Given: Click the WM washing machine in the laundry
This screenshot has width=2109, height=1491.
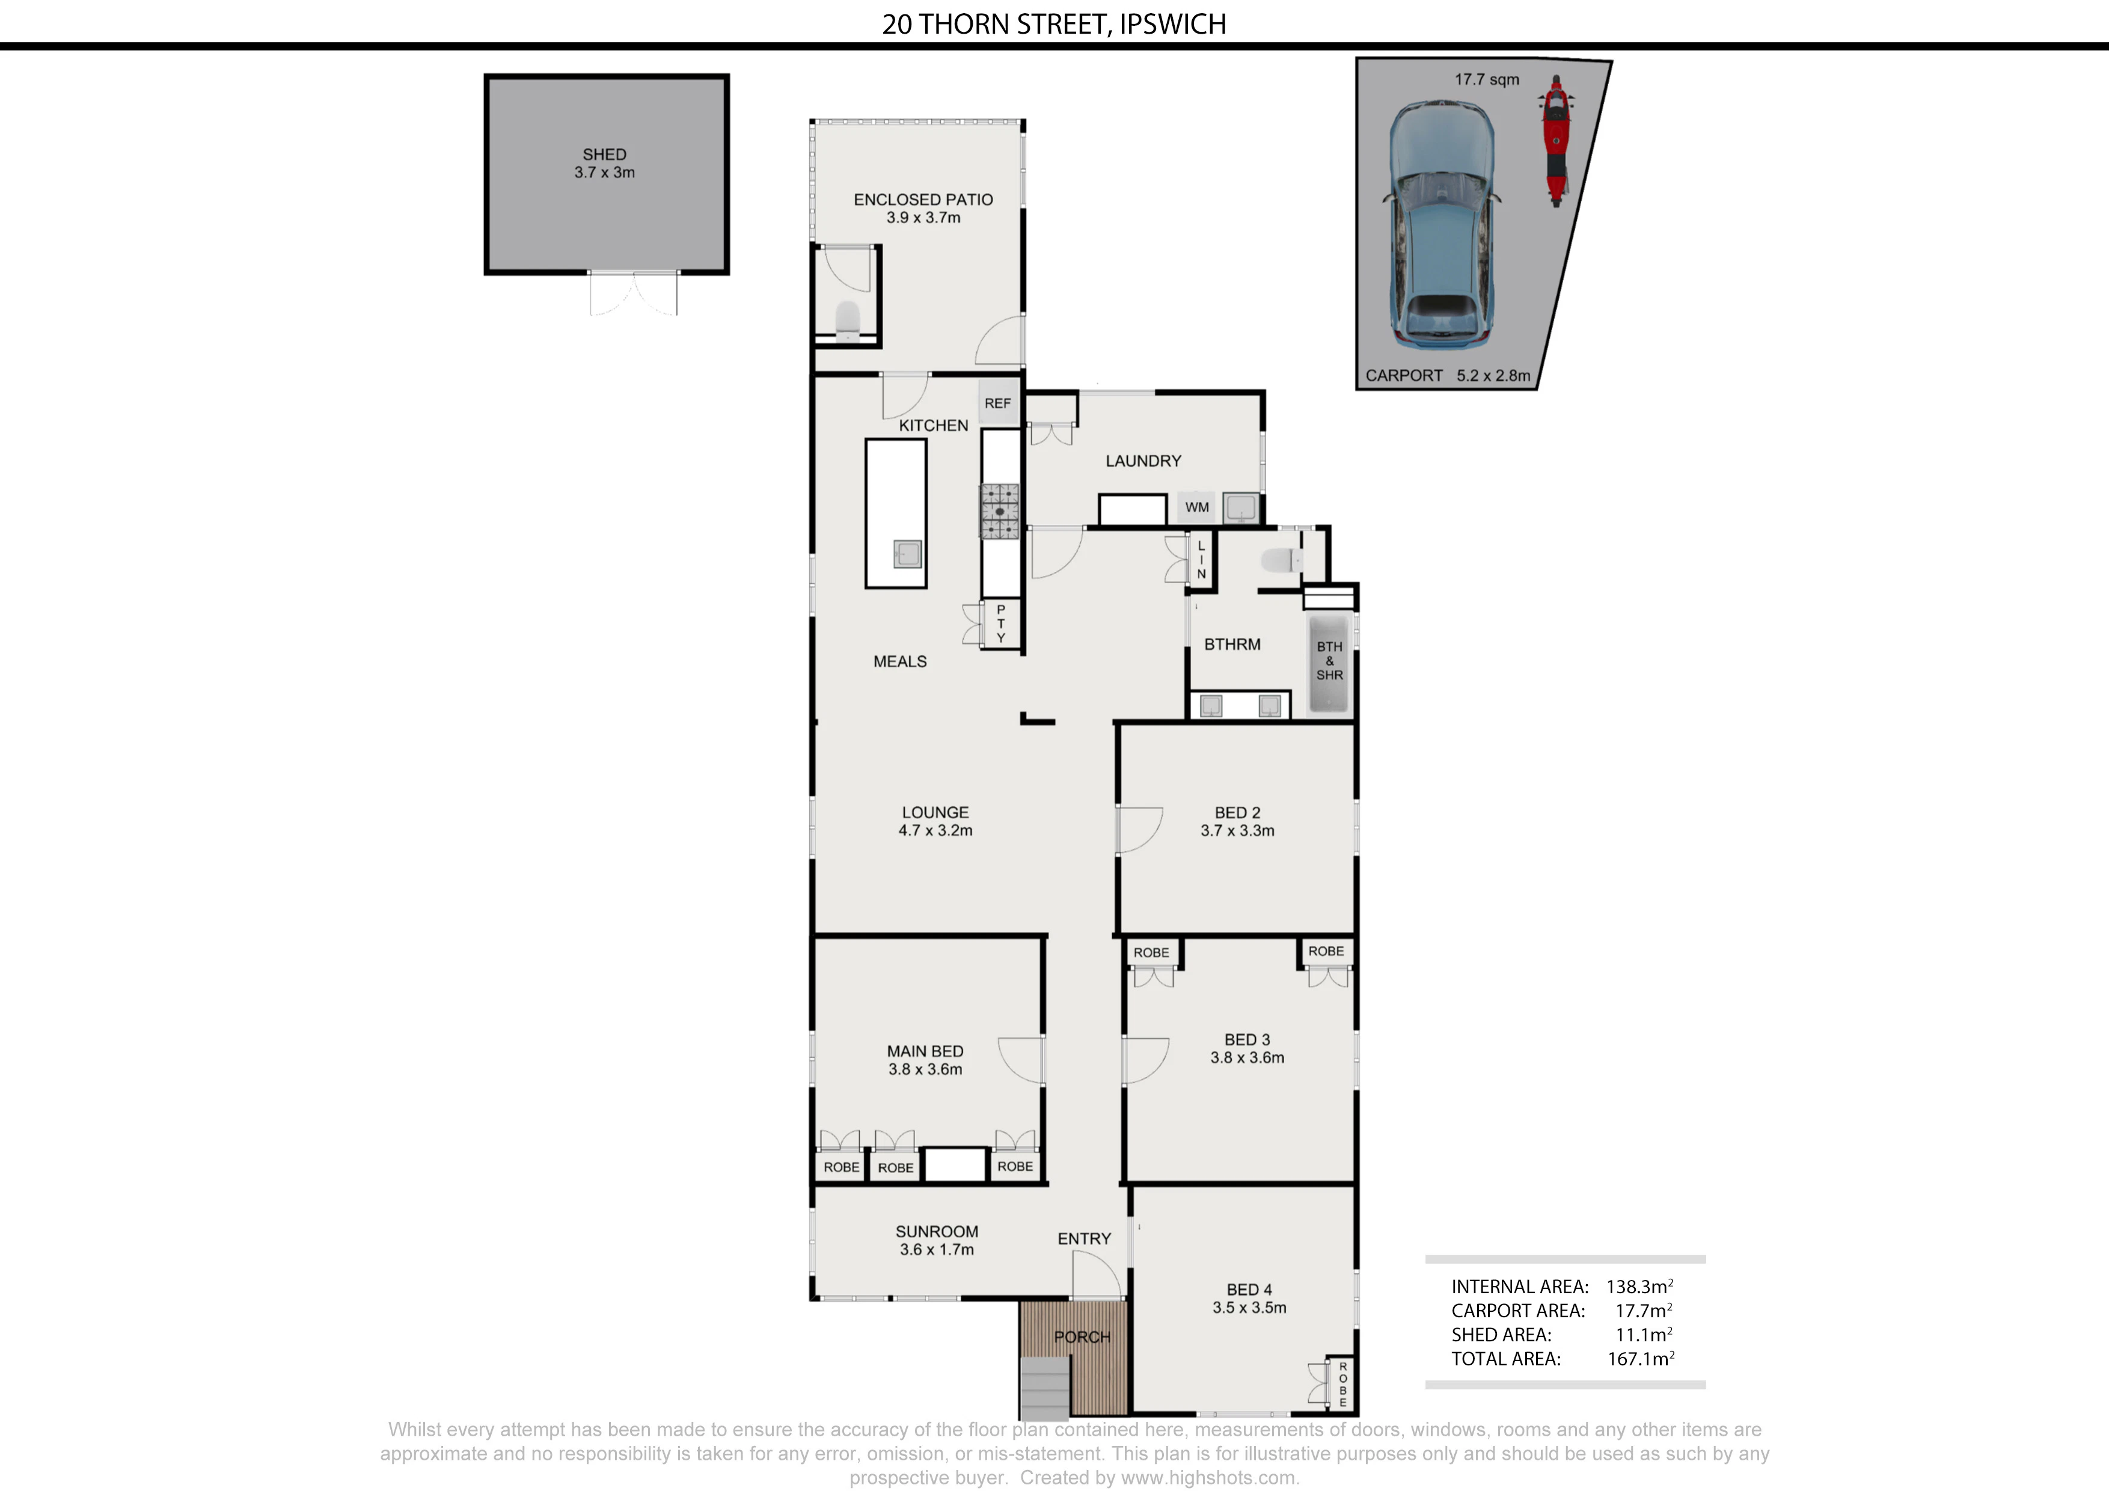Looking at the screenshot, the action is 1197,507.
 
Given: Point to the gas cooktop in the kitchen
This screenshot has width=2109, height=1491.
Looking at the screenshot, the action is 999,511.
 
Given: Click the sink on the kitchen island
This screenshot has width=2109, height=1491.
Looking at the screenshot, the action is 908,554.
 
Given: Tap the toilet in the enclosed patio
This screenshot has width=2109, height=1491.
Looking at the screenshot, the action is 847,318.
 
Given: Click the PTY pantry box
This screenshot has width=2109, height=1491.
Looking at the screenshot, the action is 1001,624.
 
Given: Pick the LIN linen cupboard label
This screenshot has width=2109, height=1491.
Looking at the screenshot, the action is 1201,560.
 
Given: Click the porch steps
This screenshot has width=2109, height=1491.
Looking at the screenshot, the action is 1046,1387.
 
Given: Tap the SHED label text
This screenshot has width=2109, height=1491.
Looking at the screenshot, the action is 604,155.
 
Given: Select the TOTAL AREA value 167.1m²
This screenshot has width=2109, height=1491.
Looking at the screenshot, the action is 1641,1359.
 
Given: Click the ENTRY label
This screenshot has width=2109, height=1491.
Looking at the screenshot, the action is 1084,1238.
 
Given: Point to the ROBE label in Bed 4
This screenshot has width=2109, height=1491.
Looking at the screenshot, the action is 1343,1383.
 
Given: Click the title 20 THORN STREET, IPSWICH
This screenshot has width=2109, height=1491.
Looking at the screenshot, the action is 1053,24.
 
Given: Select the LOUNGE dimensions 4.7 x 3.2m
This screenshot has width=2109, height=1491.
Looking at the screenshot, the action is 935,830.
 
